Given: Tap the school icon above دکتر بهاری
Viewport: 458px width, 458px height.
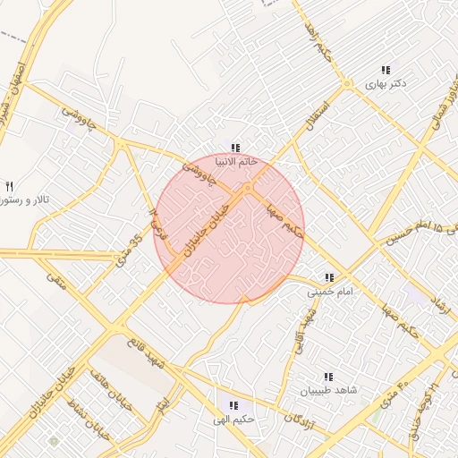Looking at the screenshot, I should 386,69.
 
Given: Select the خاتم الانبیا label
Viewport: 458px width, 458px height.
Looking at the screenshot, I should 236,162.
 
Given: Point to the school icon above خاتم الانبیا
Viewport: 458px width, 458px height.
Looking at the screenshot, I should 235,148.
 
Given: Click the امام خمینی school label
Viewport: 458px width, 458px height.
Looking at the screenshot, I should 331,292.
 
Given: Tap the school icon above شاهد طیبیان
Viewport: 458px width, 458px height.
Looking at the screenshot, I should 327,377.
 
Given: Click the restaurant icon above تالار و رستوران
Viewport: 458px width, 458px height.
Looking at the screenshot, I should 9,186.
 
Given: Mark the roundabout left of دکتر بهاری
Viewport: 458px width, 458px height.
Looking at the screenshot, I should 347,84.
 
